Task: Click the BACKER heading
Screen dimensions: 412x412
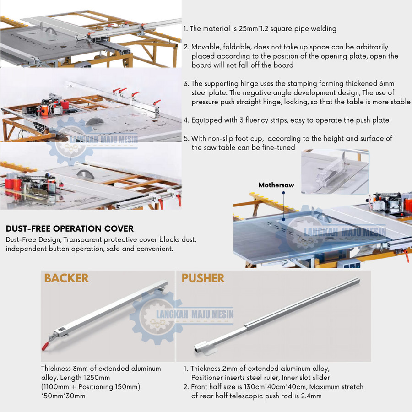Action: (x=66, y=278)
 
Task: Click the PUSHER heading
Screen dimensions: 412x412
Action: (x=203, y=278)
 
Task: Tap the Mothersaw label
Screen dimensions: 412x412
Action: (x=276, y=185)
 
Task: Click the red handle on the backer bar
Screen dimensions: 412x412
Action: (x=45, y=346)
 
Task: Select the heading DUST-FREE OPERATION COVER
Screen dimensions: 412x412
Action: (x=70, y=228)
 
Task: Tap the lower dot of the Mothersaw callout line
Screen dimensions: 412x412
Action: (x=284, y=219)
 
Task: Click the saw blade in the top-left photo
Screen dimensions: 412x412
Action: (x=51, y=31)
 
